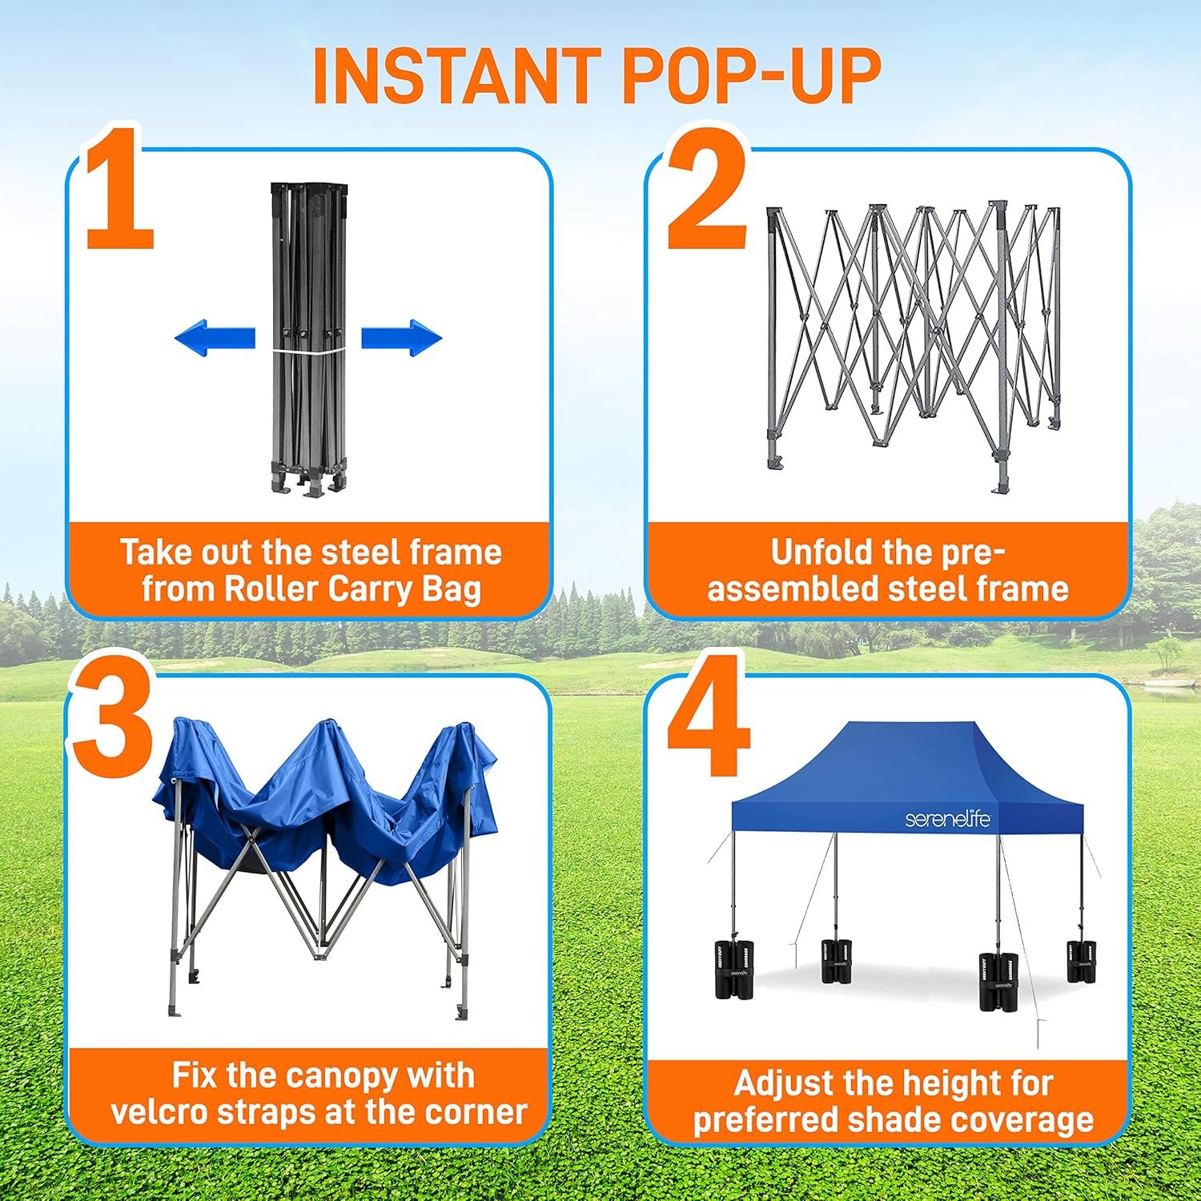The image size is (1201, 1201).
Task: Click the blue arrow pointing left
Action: pyautogui.click(x=215, y=337)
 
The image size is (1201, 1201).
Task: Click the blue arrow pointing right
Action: pyautogui.click(x=401, y=337)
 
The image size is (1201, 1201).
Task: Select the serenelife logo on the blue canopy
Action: pyautogui.click(x=947, y=819)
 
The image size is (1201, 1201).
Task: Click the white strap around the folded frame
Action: pyautogui.click(x=308, y=351)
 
